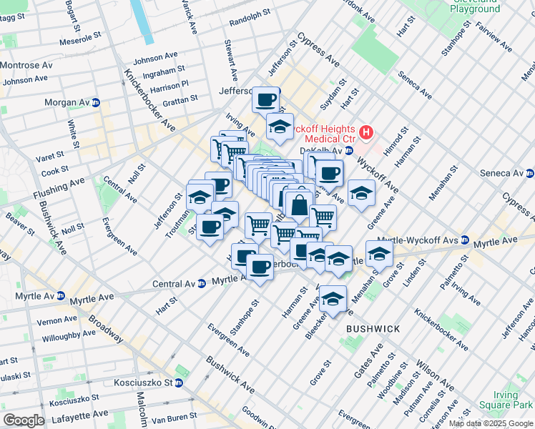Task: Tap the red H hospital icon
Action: click(366, 132)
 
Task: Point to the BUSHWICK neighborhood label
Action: click(373, 328)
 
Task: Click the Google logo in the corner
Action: click(24, 420)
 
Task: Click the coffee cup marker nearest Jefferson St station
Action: click(265, 99)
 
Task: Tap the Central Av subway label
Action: click(175, 284)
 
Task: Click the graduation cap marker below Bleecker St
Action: click(333, 299)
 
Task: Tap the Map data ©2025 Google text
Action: click(491, 424)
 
